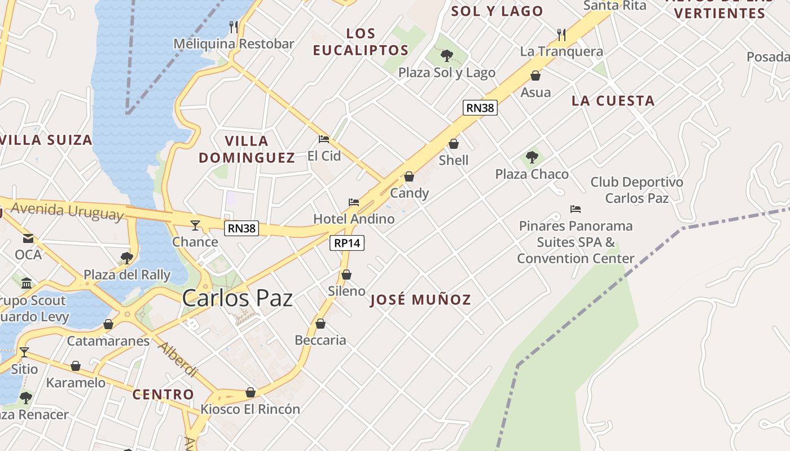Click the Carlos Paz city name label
pos(237,298)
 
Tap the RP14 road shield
pos(346,243)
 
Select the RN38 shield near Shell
pos(480,108)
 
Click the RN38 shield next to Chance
pos(242,228)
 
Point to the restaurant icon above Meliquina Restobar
pos(234,26)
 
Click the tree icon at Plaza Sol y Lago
pos(446,55)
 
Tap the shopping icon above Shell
pos(454,144)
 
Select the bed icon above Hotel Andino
pos(354,202)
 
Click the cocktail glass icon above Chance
pos(195,225)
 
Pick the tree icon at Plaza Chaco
pos(532,157)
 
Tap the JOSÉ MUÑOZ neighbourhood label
pos(420,300)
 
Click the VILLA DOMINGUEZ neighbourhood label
pos(247,149)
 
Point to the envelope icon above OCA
pos(28,238)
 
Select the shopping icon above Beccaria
pos(321,324)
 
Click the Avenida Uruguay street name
pos(67,211)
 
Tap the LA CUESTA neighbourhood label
pos(613,101)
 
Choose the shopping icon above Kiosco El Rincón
pos(251,392)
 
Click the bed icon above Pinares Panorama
pos(576,209)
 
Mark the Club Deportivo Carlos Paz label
pos(637,190)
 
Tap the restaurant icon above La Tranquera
pos(561,35)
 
